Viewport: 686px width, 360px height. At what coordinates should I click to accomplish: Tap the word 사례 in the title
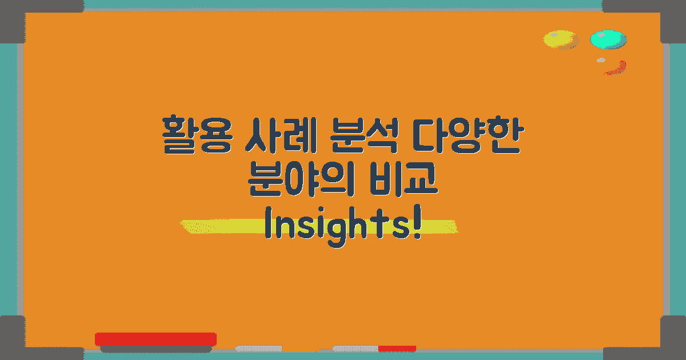click(277, 135)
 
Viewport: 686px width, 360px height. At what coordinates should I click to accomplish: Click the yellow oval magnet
click(560, 40)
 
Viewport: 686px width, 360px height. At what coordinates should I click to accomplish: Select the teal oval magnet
click(608, 39)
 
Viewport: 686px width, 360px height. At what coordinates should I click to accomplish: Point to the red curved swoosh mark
click(617, 69)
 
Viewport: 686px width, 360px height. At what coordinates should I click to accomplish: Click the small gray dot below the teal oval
click(601, 60)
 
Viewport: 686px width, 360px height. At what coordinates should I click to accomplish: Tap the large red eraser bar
click(155, 339)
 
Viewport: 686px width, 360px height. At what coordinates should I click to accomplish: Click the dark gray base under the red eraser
click(155, 349)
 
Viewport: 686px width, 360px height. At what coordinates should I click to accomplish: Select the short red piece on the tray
click(397, 348)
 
